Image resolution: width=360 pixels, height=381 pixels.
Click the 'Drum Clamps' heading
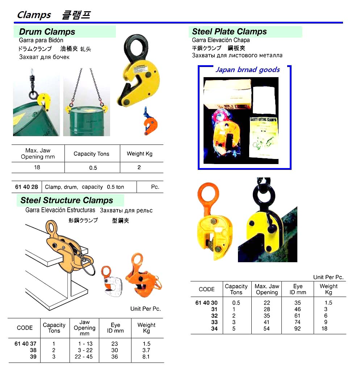coord(47,32)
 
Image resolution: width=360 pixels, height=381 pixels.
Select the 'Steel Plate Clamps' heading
coord(229,32)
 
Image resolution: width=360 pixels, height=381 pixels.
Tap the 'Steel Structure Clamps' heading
coord(67,200)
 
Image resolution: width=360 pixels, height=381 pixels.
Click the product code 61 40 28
coord(26,187)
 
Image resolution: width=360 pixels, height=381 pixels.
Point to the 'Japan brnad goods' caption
coord(247,70)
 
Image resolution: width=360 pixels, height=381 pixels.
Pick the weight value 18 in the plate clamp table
coord(324,329)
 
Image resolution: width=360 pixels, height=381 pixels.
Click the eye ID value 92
coord(297,329)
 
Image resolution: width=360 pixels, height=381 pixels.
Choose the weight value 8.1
coord(146,357)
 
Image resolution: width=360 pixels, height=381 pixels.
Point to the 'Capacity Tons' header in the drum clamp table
coord(91,154)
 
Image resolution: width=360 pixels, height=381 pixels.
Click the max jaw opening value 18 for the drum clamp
coord(37,168)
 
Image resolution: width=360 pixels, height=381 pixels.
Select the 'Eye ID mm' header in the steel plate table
coord(297,289)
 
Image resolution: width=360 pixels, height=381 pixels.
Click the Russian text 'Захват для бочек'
coord(44,57)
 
